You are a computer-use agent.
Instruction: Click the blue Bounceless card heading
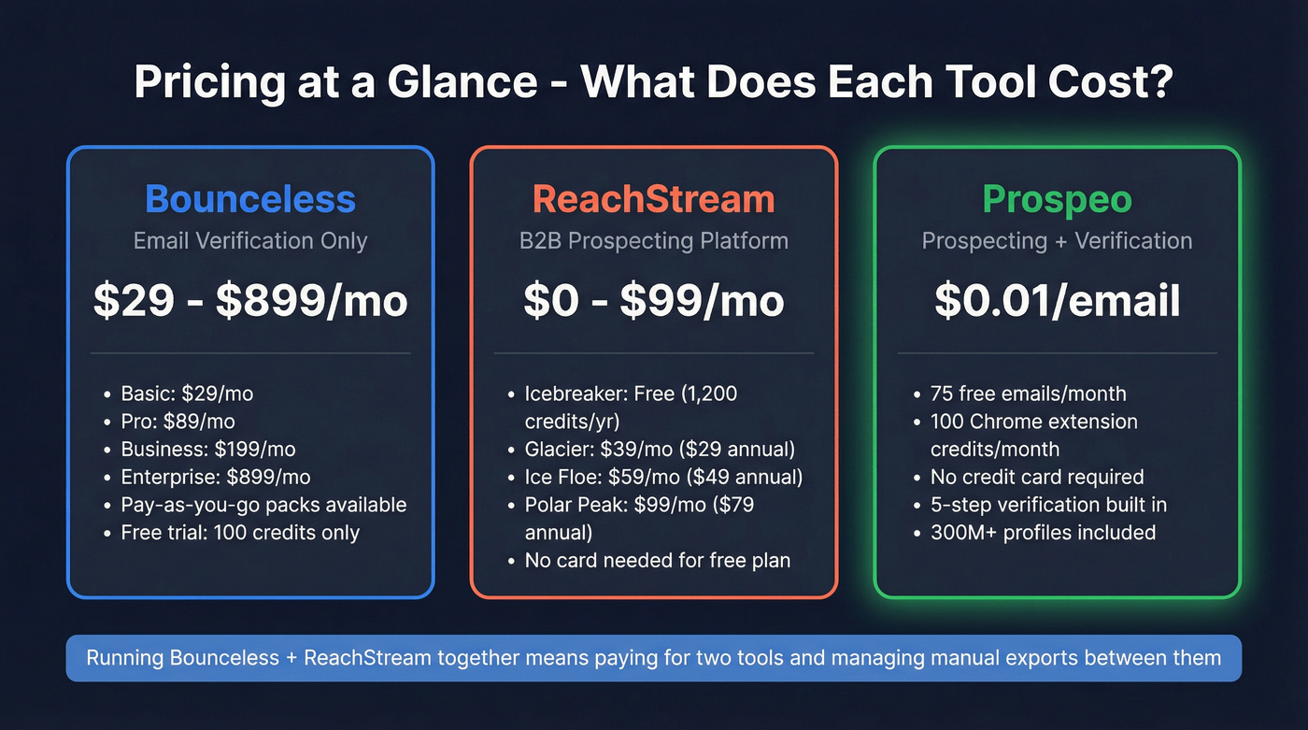(250, 199)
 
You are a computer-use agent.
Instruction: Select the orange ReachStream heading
(654, 199)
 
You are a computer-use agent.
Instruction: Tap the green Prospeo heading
(1057, 199)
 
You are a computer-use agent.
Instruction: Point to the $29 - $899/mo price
(250, 301)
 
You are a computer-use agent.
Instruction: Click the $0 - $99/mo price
(654, 301)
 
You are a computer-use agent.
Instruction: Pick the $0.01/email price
(1057, 301)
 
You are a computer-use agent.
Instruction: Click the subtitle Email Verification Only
(250, 241)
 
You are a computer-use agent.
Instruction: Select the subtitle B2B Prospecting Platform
(654, 241)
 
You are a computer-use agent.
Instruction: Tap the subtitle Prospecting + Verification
(1057, 241)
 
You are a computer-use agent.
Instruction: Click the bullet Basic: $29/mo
(187, 394)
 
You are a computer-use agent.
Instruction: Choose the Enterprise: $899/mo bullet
(216, 477)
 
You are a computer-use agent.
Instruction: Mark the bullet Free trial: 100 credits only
(240, 533)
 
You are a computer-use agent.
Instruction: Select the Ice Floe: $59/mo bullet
(663, 477)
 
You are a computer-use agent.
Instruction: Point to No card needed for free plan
(658, 561)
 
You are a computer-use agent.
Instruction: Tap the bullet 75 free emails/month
(1028, 394)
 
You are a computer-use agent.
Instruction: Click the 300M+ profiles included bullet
(1043, 533)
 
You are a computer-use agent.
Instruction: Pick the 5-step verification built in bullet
(1048, 505)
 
